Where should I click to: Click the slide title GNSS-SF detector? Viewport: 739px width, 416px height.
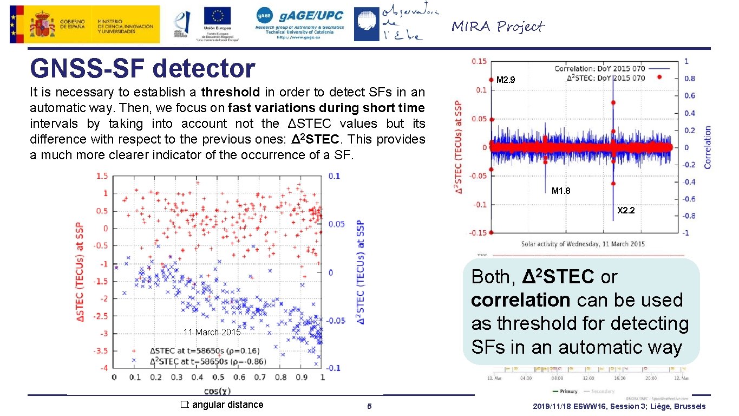pyautogui.click(x=142, y=69)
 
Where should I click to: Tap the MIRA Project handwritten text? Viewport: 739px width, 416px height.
pyautogui.click(x=497, y=27)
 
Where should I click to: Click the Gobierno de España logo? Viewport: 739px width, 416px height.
pyautogui.click(x=84, y=24)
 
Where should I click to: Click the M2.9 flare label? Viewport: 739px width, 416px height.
pyautogui.click(x=506, y=81)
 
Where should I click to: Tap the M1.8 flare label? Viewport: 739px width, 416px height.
pyautogui.click(x=560, y=191)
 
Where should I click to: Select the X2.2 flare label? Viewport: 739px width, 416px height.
pyautogui.click(x=626, y=210)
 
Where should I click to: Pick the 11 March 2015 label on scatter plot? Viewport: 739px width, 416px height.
pyautogui.click(x=212, y=332)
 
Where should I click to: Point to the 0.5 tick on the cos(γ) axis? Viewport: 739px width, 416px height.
pyautogui.click(x=218, y=377)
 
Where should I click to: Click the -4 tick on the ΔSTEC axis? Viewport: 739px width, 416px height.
pyautogui.click(x=105, y=368)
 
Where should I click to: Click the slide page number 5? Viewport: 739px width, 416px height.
pyautogui.click(x=369, y=406)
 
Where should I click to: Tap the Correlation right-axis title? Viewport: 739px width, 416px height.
pyautogui.click(x=707, y=147)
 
